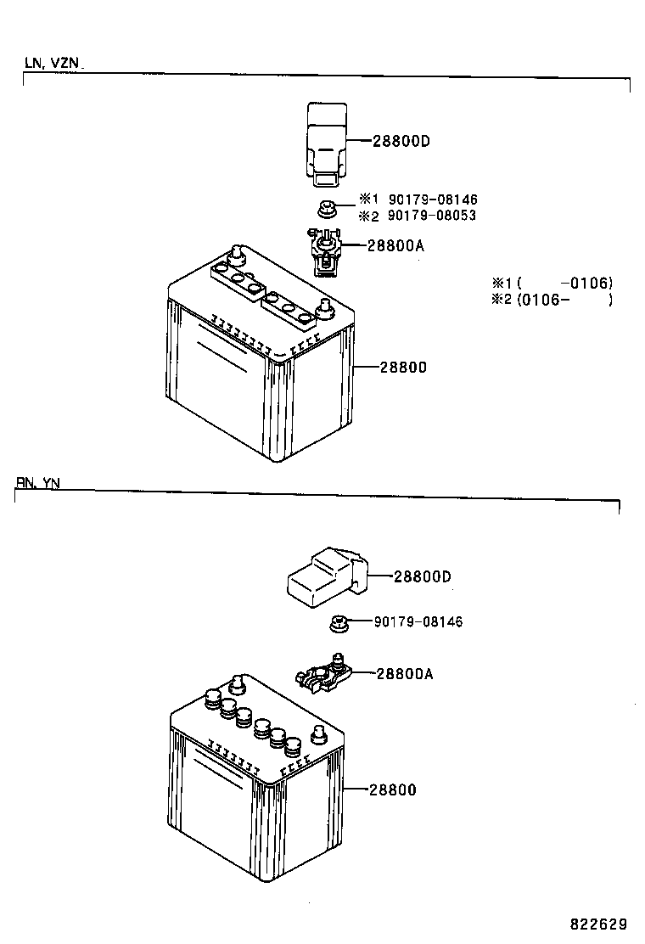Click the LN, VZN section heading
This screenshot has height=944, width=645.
click(x=53, y=63)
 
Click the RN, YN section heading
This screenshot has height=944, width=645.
click(x=37, y=482)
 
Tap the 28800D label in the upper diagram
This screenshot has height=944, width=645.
click(x=401, y=141)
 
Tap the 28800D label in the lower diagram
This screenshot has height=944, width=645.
click(x=422, y=576)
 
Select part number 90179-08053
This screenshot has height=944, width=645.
click(x=432, y=216)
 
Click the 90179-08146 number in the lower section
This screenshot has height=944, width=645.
click(x=418, y=622)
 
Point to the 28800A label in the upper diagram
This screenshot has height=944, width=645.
click(x=395, y=246)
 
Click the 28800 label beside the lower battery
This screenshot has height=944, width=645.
click(x=393, y=789)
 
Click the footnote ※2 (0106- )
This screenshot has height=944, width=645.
click(x=552, y=300)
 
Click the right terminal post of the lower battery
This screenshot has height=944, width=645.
click(x=321, y=733)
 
